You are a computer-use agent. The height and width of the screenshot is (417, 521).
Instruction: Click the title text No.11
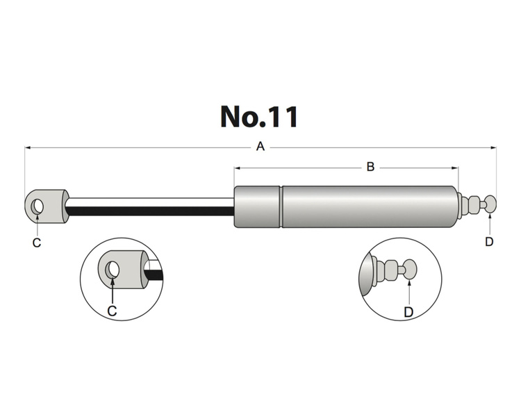(x=259, y=116)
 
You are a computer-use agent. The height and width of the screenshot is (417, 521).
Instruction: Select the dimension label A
(x=260, y=147)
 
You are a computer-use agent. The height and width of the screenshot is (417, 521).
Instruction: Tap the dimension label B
(x=370, y=167)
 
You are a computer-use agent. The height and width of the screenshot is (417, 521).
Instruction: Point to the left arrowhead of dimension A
(x=28, y=147)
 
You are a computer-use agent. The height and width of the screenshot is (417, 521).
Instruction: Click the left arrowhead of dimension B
(x=238, y=167)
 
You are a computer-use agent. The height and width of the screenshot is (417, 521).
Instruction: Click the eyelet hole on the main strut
(x=38, y=206)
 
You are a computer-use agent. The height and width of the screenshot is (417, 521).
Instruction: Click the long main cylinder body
(x=368, y=206)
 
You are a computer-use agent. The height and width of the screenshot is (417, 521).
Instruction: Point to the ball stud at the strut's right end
(x=490, y=204)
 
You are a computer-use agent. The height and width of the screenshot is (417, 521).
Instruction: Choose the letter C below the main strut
(x=37, y=243)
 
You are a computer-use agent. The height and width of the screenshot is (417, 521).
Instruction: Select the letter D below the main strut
(x=489, y=242)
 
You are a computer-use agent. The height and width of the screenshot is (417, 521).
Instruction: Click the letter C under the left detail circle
(x=112, y=311)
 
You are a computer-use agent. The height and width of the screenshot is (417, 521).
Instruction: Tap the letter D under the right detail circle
(x=409, y=312)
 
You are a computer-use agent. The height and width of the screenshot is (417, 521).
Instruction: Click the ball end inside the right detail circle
(x=409, y=268)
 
